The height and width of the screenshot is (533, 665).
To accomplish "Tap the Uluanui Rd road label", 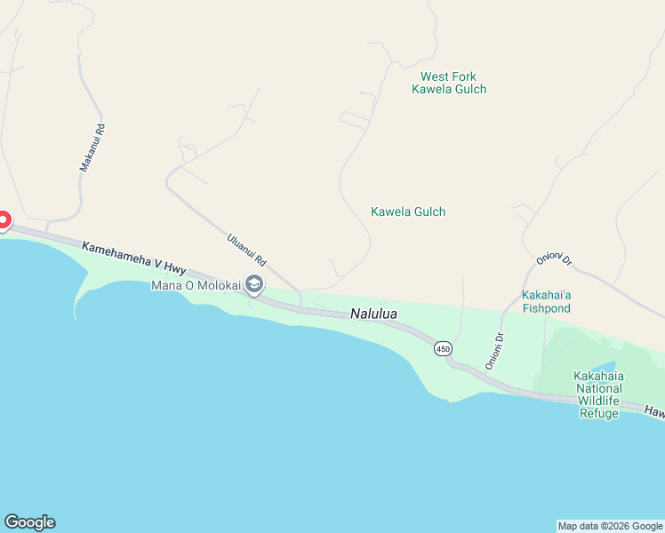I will tap(247, 250).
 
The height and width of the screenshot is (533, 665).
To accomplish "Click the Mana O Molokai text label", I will tap(196, 285).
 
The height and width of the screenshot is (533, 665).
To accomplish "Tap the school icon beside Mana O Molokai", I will tap(254, 285).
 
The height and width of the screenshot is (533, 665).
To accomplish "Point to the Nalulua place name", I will tap(373, 314).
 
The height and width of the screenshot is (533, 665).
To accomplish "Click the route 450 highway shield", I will tap(443, 349).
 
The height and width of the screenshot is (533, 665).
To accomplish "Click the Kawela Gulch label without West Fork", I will tap(408, 211).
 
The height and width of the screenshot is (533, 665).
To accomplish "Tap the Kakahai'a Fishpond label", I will tap(546, 301).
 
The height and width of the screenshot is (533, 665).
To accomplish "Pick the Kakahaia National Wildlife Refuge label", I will tap(598, 394).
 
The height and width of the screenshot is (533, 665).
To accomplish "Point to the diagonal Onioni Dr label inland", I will tap(554, 259).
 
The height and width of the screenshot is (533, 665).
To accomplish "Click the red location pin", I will tap(3, 219).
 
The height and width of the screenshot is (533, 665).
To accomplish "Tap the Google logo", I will tap(29, 522).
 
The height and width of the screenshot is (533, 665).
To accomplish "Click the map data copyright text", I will tap(610, 526).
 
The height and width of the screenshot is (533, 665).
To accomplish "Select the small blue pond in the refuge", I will tap(604, 366).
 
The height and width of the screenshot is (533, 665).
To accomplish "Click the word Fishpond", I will tap(546, 307).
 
